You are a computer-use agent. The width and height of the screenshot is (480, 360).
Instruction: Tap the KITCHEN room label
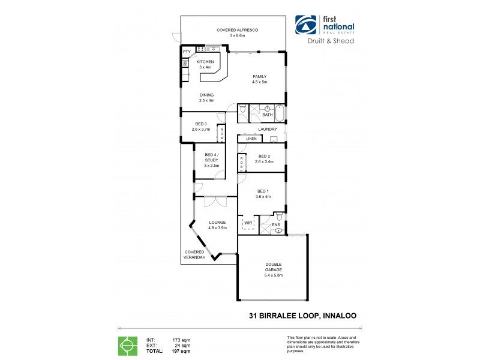pyautogui.click(x=205, y=62)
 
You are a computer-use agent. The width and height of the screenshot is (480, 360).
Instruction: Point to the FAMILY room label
pyautogui.click(x=259, y=76)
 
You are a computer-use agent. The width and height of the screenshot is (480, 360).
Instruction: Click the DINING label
pyautogui.click(x=206, y=95)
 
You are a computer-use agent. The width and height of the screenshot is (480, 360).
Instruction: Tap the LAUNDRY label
pyautogui.click(x=268, y=129)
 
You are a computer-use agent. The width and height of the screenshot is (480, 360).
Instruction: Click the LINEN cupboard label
pyautogui.click(x=251, y=139)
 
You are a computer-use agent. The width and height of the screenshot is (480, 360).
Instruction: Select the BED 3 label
pyautogui.click(x=201, y=124)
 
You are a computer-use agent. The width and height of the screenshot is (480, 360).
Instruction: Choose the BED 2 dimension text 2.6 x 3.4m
pyautogui.click(x=265, y=161)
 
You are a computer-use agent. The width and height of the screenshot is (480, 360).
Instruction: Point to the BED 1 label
pyautogui.click(x=263, y=191)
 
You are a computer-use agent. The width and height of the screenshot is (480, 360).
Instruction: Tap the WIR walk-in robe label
pyautogui.click(x=248, y=223)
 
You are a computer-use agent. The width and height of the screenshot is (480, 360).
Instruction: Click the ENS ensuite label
pyautogui.click(x=276, y=226)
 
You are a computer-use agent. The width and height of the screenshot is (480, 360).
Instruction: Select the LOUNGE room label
pyautogui.click(x=217, y=222)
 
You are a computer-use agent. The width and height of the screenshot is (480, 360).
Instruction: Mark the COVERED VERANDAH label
pyautogui.click(x=195, y=254)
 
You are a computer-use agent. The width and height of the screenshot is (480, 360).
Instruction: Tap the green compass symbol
pyautogui.click(x=127, y=346)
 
